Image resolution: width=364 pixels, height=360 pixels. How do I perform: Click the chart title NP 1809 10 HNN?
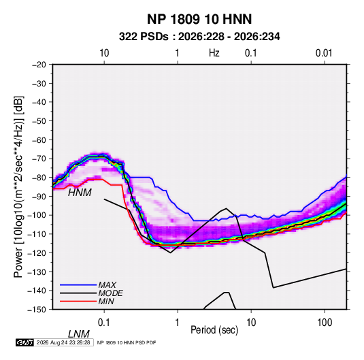pos(199,19)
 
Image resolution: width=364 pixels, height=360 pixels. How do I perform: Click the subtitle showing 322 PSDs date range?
pos(199,37)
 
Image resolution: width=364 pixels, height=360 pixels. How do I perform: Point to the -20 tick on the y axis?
pos(39,65)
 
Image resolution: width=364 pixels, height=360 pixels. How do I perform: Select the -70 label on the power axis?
pos(39,159)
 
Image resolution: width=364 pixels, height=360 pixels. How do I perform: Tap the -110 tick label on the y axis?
pos(37,234)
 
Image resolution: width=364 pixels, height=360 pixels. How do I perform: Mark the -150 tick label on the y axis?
pos(37,310)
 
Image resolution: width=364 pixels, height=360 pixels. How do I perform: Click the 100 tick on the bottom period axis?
pos(325,323)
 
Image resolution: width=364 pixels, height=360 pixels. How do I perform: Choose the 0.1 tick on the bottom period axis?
pos(104,323)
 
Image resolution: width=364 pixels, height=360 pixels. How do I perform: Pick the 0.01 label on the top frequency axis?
pos(324,53)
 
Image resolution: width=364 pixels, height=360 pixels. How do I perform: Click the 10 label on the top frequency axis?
pos(104,53)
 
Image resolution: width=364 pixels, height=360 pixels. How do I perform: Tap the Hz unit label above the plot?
pos(214,53)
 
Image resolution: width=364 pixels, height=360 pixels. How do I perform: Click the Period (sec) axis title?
pos(214,330)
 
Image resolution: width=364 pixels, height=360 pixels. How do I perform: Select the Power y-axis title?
pos(18,186)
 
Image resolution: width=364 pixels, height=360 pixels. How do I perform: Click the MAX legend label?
pos(107,285)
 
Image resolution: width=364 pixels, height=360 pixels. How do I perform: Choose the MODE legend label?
pos(110,293)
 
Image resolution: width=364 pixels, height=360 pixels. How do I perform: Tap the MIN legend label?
pos(106,301)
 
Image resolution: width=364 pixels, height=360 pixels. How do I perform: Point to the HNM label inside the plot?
pos(80,193)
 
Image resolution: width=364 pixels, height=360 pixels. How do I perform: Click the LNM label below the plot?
pos(79,334)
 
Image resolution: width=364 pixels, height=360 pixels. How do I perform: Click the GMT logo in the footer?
pos(24,342)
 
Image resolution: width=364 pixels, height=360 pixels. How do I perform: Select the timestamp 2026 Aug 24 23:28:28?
pos(63,342)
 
